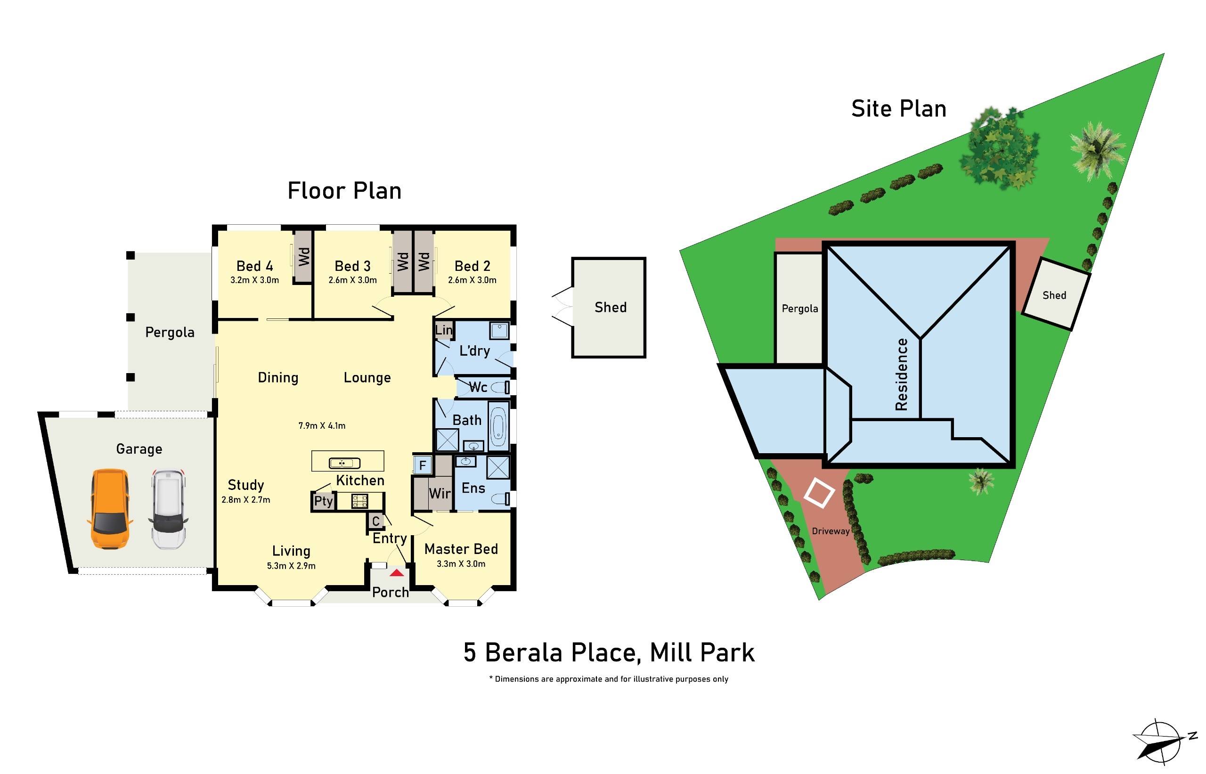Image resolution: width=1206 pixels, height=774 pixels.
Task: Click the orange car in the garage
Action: click(x=110, y=509)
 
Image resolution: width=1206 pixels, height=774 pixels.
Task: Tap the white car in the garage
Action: click(x=168, y=509)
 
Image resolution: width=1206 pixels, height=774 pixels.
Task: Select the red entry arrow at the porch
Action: click(x=397, y=572)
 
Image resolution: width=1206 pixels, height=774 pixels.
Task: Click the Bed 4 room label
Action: click(x=254, y=266)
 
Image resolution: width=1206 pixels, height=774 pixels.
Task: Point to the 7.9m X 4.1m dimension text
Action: click(x=322, y=426)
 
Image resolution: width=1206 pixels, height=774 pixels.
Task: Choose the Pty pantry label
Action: click(x=323, y=501)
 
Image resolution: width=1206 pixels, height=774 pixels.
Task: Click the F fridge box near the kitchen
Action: click(x=423, y=465)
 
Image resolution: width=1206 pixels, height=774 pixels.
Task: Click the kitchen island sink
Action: click(x=344, y=463)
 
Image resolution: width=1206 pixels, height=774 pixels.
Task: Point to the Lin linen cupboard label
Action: click(x=443, y=330)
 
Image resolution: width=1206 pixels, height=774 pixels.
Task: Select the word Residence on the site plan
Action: click(x=902, y=374)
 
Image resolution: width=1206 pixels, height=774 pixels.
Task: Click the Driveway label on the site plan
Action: click(x=831, y=531)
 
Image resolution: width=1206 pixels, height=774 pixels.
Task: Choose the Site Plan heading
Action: click(x=898, y=109)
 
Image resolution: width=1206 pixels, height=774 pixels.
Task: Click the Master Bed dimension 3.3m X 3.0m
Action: click(x=461, y=563)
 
